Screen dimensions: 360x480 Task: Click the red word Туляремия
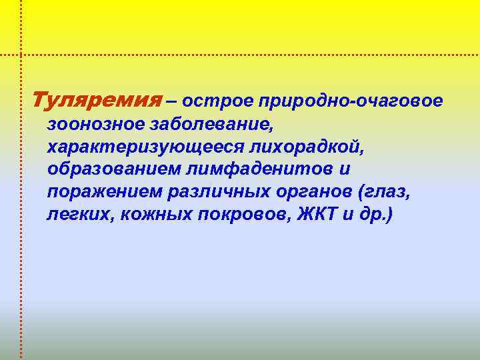coord(97,101)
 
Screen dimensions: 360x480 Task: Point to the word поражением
coord(96,192)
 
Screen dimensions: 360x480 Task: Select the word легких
coord(73,215)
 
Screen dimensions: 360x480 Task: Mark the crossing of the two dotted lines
coord(21,54)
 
